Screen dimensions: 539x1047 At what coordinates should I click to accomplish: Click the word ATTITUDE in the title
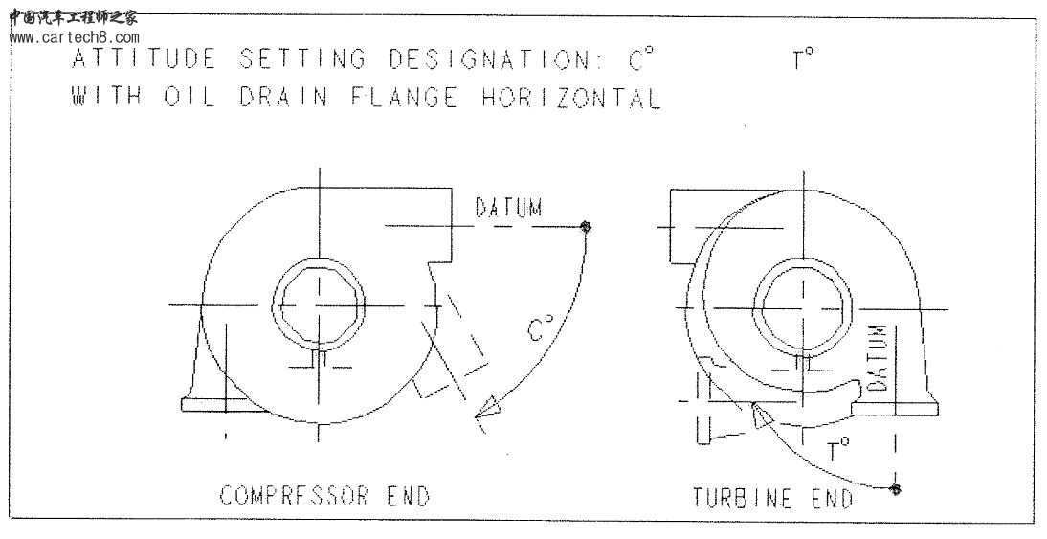click(144, 59)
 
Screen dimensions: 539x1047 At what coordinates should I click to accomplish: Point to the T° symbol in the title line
click(802, 59)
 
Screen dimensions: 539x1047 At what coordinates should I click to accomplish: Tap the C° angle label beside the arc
click(541, 330)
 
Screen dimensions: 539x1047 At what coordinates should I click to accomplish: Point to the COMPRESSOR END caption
click(324, 496)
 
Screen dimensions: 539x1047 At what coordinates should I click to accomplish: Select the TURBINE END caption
click(772, 499)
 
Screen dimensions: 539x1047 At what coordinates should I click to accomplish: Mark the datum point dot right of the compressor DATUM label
click(586, 227)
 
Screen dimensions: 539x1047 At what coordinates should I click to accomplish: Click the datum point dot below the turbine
click(895, 489)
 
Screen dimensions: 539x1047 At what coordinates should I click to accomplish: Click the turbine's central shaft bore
click(803, 306)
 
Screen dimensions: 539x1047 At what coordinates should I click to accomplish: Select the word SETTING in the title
click(301, 59)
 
